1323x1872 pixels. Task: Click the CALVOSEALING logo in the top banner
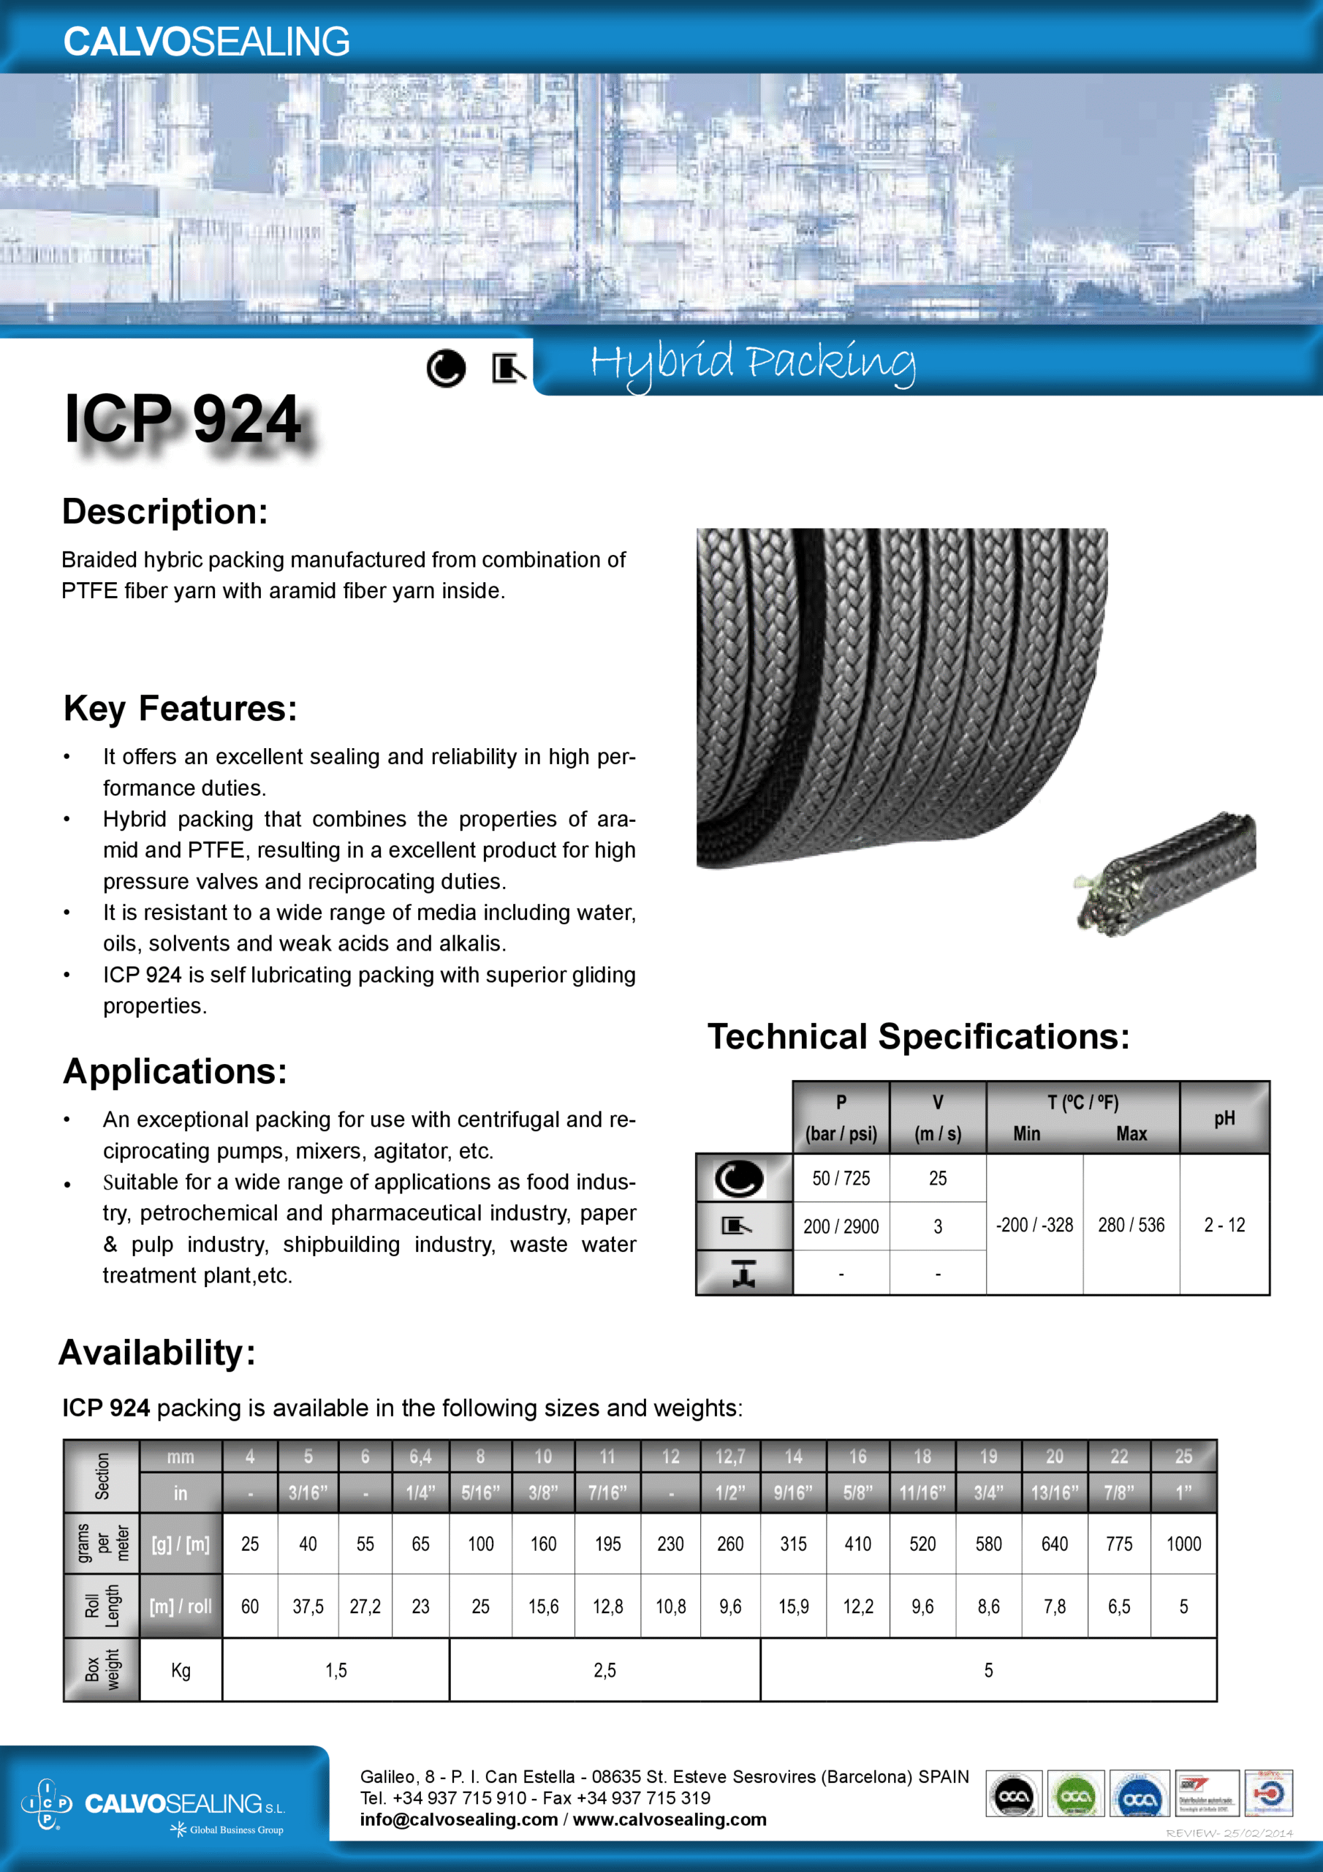(x=206, y=42)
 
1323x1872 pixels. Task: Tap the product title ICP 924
(x=183, y=419)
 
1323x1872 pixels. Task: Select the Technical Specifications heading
(x=918, y=1037)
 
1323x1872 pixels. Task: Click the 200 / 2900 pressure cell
(x=841, y=1226)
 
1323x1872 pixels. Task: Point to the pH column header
(x=1224, y=1118)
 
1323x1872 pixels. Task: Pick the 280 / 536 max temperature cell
(x=1131, y=1225)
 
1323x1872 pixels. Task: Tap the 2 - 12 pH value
(x=1224, y=1225)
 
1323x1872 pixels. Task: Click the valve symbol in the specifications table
(x=743, y=1272)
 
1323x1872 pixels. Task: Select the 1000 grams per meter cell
(x=1183, y=1544)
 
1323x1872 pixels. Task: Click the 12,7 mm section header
(x=729, y=1456)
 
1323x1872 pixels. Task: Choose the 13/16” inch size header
(x=1054, y=1493)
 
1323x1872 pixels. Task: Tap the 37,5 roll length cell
(x=308, y=1607)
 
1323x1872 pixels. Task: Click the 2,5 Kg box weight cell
(x=604, y=1671)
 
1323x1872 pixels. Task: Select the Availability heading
(x=156, y=1353)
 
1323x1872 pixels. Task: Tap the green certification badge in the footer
(x=1075, y=1794)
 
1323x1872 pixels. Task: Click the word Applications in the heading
(x=175, y=1071)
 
